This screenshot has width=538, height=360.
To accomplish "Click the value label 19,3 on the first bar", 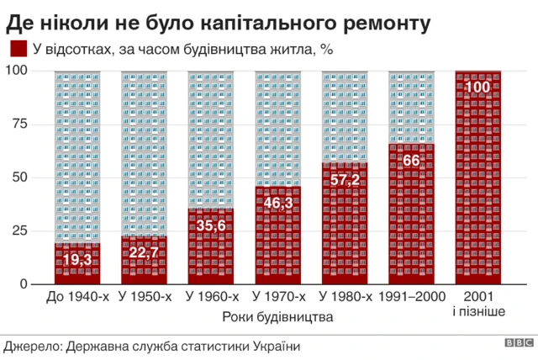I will click(77, 260).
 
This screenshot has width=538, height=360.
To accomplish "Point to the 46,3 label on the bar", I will click(278, 203).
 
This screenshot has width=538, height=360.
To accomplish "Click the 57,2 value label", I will click(345, 179).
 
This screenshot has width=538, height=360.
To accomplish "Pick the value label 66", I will click(412, 161).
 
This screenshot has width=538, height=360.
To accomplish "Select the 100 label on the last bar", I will click(478, 88).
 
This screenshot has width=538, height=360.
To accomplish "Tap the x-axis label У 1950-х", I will click(145, 298).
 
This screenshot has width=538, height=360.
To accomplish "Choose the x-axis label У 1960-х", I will click(211, 298).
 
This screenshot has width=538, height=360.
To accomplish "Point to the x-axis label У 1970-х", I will click(278, 298).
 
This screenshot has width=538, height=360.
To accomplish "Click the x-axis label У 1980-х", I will click(345, 298).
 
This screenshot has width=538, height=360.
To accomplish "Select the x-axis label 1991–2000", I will click(412, 298).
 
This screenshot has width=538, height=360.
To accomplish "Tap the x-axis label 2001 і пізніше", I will click(478, 305).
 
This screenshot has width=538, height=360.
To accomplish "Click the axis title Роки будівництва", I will click(278, 317).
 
